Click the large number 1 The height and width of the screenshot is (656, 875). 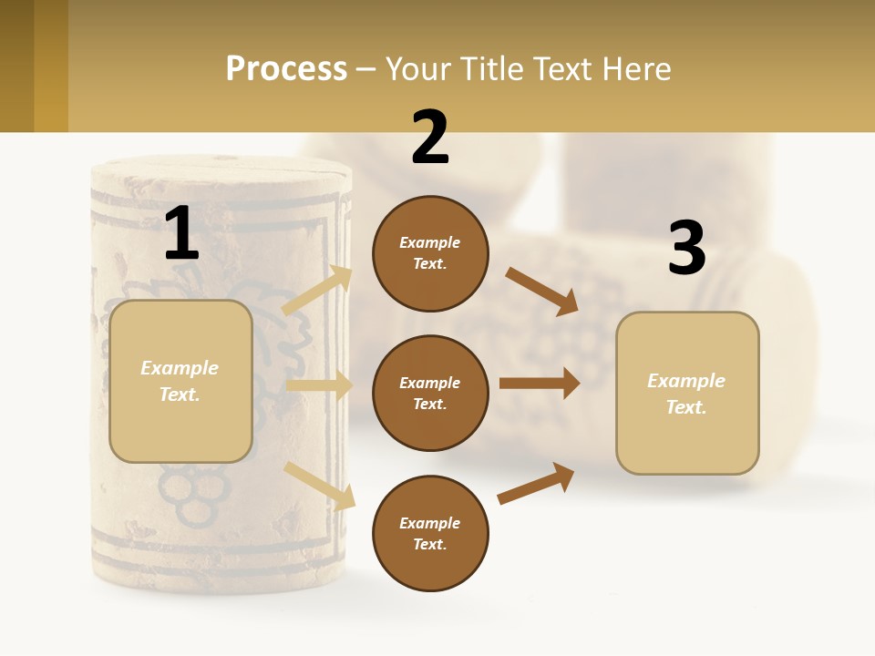point(181,233)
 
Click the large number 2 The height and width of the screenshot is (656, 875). point(430,138)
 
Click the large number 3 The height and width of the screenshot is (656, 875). point(686,249)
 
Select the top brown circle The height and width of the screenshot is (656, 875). point(430,253)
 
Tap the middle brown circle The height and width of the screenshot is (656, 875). point(430,393)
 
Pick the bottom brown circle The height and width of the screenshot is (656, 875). point(430,533)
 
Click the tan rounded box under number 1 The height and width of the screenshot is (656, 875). point(180,381)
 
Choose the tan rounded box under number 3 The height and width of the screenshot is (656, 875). point(687,393)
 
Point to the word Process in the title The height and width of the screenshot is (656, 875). point(286,69)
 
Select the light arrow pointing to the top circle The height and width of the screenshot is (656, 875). point(317,291)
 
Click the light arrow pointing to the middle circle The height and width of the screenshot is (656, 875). point(319,385)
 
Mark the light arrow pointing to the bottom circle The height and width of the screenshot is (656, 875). point(320,485)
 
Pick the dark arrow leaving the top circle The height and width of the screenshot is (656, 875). point(542,292)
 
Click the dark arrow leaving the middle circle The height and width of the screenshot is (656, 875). point(540,384)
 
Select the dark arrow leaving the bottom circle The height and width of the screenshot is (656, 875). point(536,484)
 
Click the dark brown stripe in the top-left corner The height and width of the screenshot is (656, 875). point(16,66)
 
